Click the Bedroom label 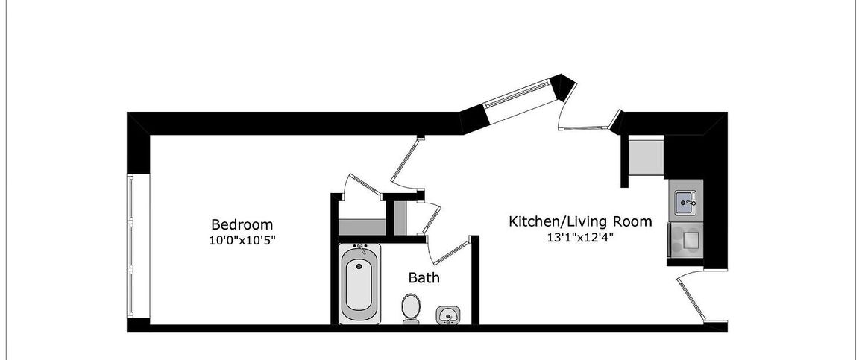[x=242, y=224]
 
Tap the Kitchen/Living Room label [x=580, y=221]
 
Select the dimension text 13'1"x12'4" [x=580, y=238]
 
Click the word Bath [x=424, y=278]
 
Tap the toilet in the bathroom [x=410, y=307]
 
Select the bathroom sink [x=448, y=315]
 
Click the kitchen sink [x=685, y=202]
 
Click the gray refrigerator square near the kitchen [x=646, y=155]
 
